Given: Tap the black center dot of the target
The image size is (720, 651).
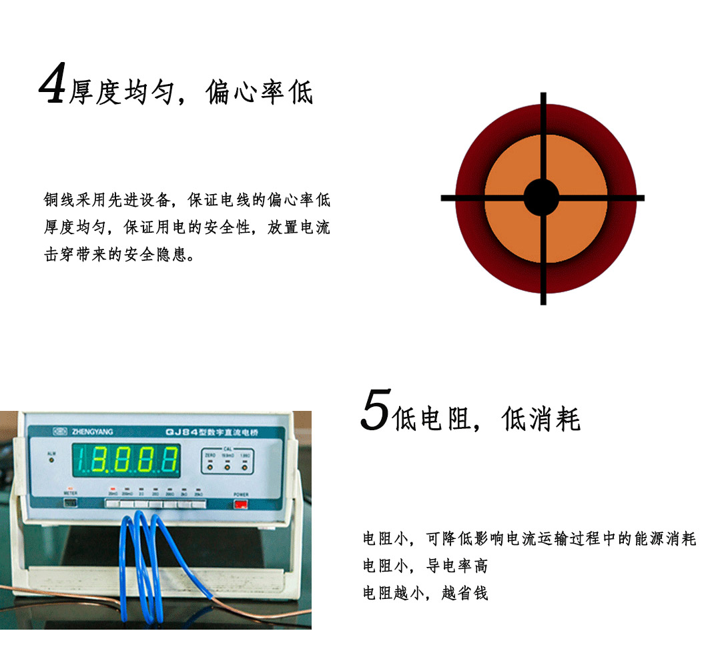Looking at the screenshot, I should [x=541, y=197].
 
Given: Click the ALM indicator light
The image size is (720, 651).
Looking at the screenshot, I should [x=51, y=460].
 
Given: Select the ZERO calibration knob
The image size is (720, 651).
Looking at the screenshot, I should [x=210, y=466].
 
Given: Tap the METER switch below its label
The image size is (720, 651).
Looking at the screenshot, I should [x=70, y=503].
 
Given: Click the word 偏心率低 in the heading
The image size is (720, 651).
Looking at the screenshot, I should [x=260, y=93].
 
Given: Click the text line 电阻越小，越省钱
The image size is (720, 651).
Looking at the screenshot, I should [x=425, y=593].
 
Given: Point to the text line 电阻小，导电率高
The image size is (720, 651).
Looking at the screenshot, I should [x=425, y=566].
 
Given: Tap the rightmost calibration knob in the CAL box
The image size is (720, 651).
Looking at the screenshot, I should [x=244, y=466].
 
